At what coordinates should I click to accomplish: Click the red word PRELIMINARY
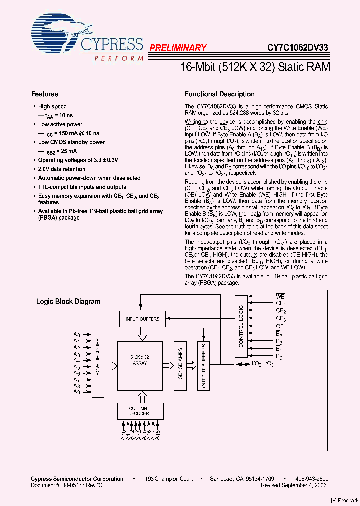(178, 48)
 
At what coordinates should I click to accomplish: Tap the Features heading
(45, 94)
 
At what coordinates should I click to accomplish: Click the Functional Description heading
(220, 94)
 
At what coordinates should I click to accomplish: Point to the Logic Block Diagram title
(68, 301)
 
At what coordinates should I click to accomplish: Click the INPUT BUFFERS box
(143, 319)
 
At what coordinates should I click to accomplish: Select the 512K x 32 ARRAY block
(139, 361)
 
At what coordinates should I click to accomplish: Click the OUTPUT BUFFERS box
(203, 365)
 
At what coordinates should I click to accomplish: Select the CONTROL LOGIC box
(241, 326)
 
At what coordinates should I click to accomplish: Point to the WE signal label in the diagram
(280, 297)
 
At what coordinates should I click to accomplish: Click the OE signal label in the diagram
(280, 326)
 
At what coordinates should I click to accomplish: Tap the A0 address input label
(76, 334)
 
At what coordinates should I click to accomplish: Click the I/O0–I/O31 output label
(264, 364)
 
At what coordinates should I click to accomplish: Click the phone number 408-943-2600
(312, 479)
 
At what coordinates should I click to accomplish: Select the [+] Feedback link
(345, 501)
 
